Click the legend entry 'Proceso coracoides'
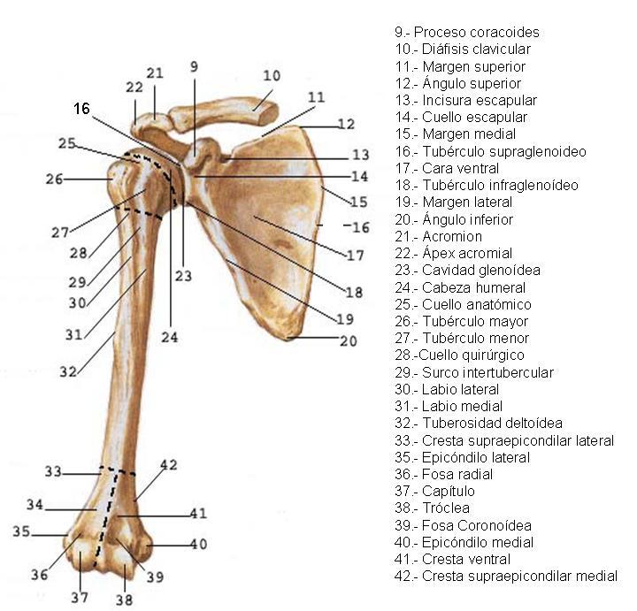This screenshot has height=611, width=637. pos(467,33)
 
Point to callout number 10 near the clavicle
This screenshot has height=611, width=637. pos(272,75)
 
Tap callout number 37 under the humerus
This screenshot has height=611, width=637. pos(80,596)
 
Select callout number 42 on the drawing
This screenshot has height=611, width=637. pos(168,465)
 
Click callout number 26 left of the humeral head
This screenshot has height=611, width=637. pos(55,179)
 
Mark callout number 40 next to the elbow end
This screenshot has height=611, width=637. pos(197,545)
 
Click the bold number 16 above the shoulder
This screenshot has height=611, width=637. pos(81,109)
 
